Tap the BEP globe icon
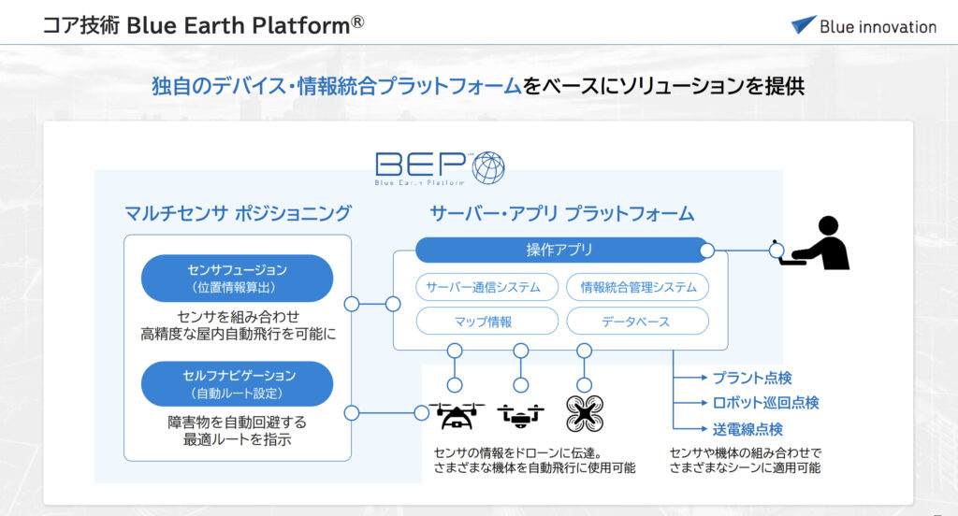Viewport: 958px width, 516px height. [488, 168]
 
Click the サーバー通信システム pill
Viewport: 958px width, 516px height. [486, 287]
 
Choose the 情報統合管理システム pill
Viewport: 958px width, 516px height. [638, 287]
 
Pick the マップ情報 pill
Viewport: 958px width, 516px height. [486, 322]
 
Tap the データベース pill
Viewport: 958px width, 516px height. [638, 322]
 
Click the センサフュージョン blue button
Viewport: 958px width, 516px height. [237, 279]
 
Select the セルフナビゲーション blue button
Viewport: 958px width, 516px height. [237, 384]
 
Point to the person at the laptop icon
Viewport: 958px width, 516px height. [820, 243]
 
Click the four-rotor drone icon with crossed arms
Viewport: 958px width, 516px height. [585, 413]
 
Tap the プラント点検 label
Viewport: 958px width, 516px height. [752, 378]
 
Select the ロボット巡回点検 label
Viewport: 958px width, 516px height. [765, 403]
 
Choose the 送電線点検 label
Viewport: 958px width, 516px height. [748, 429]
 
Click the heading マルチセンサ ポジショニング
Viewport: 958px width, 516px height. [238, 213]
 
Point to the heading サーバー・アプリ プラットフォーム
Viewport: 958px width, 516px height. [562, 214]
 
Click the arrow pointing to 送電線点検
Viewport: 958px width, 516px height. [690, 429]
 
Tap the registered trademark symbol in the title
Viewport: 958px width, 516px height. [357, 22]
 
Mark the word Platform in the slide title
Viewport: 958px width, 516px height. [300, 25]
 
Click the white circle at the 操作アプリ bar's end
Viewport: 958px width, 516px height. [707, 251]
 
